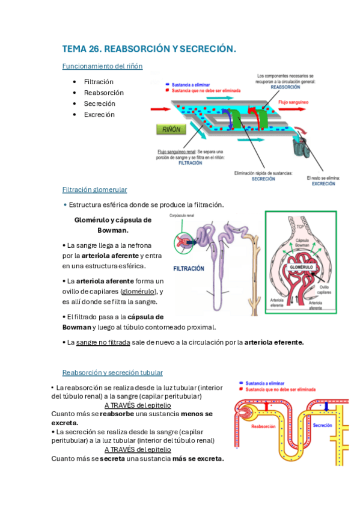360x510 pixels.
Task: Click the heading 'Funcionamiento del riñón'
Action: (102, 66)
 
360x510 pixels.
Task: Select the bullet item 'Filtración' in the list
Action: (99, 82)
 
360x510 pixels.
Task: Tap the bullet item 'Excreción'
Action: (99, 114)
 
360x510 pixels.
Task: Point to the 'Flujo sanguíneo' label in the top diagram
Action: (293, 103)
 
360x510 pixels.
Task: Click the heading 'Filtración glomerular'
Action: (94, 189)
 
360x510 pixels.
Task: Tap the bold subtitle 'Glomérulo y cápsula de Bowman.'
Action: (112, 225)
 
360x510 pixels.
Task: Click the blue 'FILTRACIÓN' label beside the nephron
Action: (189, 268)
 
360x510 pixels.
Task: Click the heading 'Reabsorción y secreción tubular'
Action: (112, 373)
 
